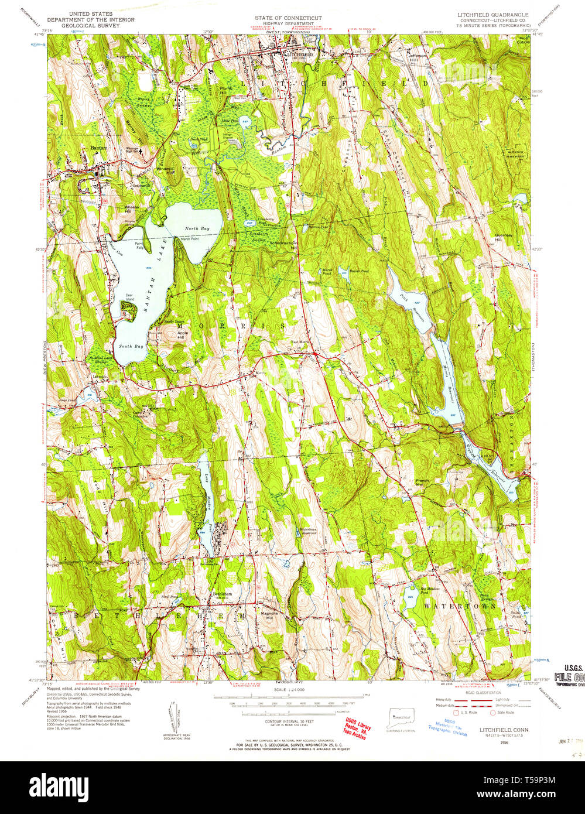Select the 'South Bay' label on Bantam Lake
[131, 346]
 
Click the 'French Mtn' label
[422, 483]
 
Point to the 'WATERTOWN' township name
[460, 605]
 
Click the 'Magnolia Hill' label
[266, 615]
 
